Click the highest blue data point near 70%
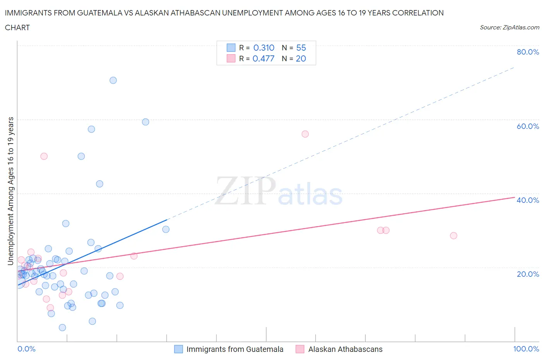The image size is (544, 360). (113, 81)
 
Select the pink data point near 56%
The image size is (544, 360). (305, 134)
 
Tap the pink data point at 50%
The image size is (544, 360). (44, 156)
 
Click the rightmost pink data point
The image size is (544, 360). (453, 236)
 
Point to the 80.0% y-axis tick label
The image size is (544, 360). (528, 52)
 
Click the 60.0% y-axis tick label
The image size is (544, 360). (528, 126)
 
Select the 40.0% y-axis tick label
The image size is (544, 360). (528, 200)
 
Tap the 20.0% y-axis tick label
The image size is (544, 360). (528, 274)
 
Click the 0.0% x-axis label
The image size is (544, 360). (26, 349)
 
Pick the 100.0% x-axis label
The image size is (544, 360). (526, 349)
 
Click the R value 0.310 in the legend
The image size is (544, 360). (263, 48)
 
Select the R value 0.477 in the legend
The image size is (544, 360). (263, 58)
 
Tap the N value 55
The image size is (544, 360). (301, 48)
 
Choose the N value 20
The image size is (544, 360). (301, 58)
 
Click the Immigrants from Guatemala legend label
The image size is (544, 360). (234, 349)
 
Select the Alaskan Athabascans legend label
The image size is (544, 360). (345, 349)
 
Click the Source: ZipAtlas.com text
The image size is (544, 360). (509, 27)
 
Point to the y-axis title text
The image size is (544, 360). (11, 191)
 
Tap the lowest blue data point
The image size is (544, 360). (62, 327)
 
